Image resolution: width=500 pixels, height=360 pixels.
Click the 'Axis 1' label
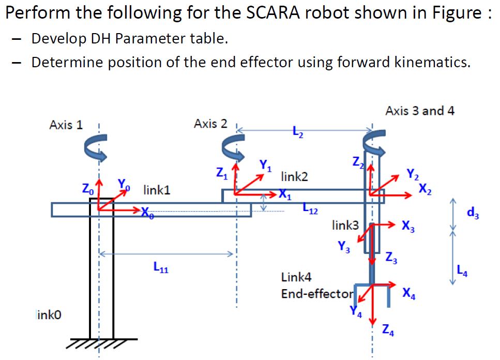[x=66, y=125]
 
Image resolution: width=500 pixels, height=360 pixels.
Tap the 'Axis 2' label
[x=210, y=124]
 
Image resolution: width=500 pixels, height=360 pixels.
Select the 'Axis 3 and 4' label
[x=420, y=111]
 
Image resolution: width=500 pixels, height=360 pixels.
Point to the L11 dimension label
[x=160, y=268]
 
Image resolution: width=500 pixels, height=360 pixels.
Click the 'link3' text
[x=345, y=225]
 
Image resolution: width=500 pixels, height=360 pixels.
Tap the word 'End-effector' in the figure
[x=316, y=294]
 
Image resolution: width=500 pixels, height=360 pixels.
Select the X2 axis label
[x=425, y=188]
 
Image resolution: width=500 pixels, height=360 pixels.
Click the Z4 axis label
[x=388, y=329]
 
